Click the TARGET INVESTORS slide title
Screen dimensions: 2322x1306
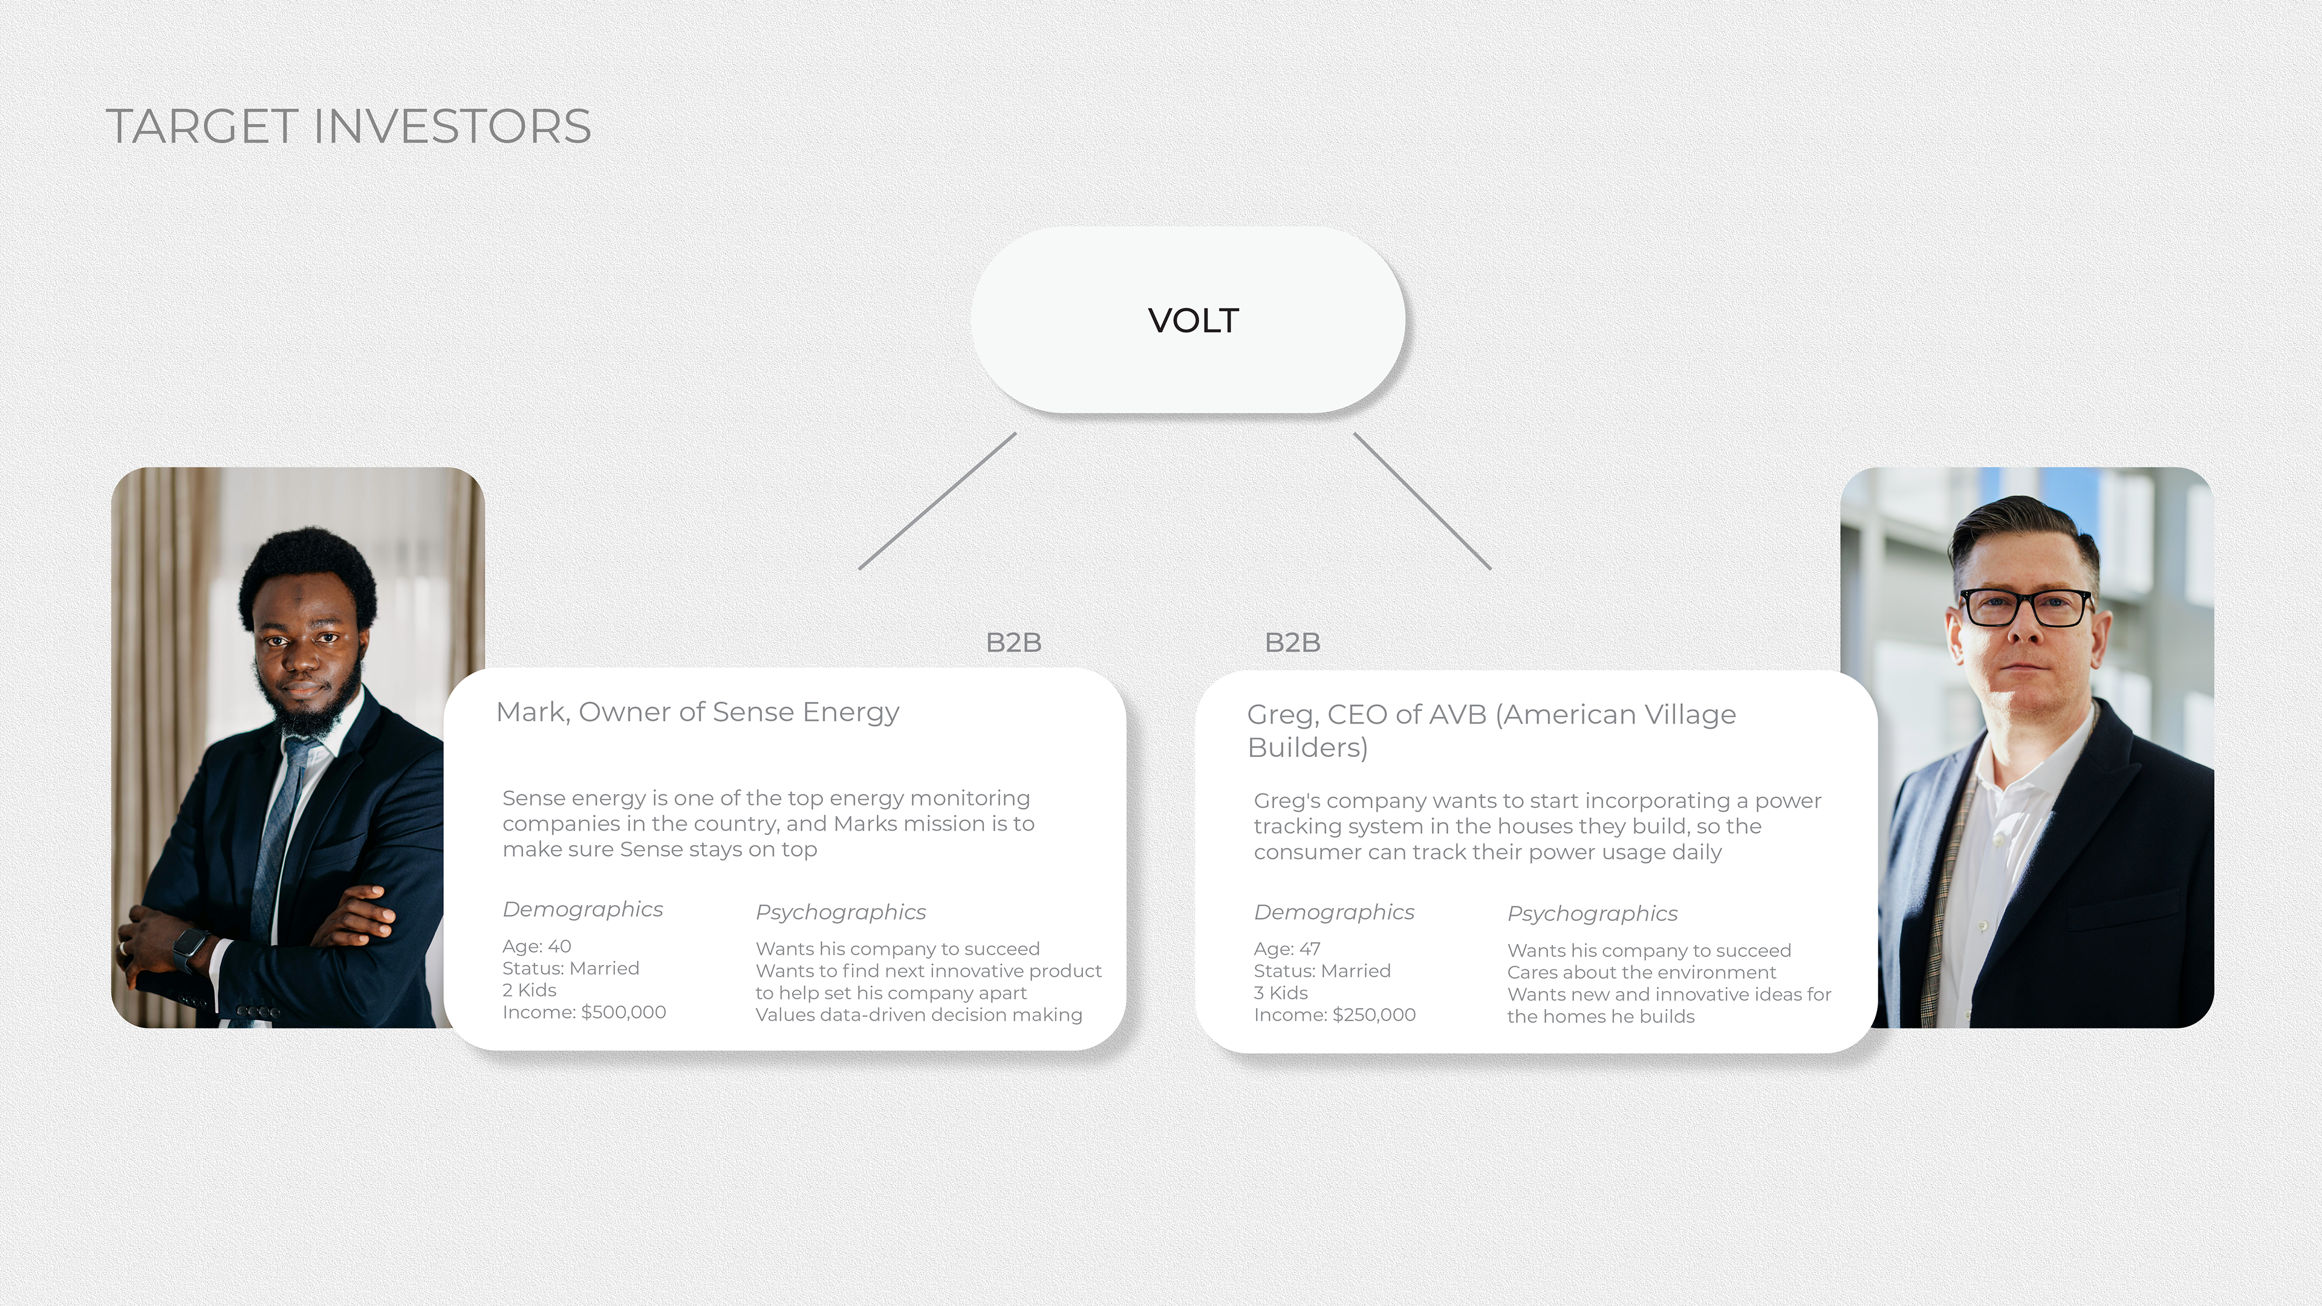click(348, 126)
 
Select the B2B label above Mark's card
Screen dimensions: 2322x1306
click(1013, 643)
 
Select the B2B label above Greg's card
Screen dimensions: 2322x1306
click(1292, 643)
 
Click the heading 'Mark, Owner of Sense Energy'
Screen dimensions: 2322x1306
click(697, 712)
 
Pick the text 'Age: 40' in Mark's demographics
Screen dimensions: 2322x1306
click(536, 946)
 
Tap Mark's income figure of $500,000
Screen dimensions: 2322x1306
click(624, 1012)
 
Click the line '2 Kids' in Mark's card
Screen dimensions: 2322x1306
click(529, 990)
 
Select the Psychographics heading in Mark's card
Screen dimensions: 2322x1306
click(840, 912)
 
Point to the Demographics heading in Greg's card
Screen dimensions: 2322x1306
click(1333, 912)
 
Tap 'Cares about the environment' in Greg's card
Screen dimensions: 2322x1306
click(1641, 972)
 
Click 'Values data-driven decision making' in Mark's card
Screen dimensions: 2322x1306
click(918, 1015)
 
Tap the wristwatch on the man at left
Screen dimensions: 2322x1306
click(191, 948)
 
